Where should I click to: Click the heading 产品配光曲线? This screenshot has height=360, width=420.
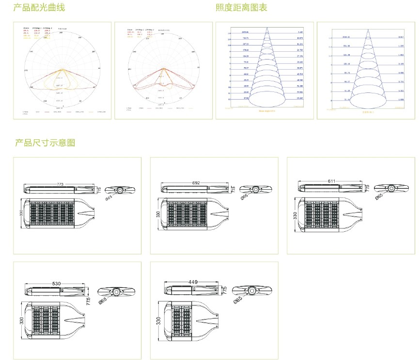tap(39, 8)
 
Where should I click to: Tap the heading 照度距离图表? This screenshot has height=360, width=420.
tap(241, 8)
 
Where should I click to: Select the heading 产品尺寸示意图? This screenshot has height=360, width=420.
tap(45, 143)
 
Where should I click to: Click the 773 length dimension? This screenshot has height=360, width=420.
tap(61, 184)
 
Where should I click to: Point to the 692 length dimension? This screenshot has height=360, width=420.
tap(196, 183)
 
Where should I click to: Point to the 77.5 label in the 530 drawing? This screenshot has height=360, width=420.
tap(89, 300)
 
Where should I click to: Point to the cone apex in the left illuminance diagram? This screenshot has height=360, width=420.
tap(266, 28)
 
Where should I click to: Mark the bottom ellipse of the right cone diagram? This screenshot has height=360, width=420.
tap(366, 100)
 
